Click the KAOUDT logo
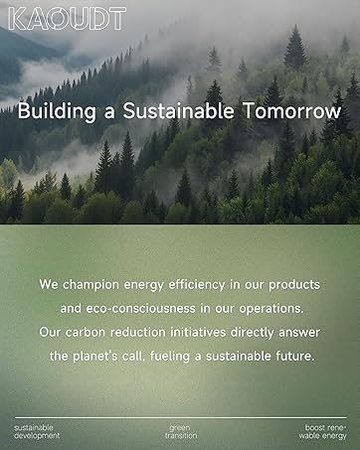[68, 19]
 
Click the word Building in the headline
[57, 111]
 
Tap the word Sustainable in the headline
[178, 111]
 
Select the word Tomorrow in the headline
[292, 111]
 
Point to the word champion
[90, 285]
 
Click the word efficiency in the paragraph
[197, 285]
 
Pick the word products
[294, 285]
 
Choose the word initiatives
[198, 332]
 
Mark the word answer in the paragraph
[299, 333]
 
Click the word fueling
[170, 357]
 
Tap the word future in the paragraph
[294, 357]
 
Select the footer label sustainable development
[37, 432]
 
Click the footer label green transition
[181, 432]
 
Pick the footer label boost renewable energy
[322, 432]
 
